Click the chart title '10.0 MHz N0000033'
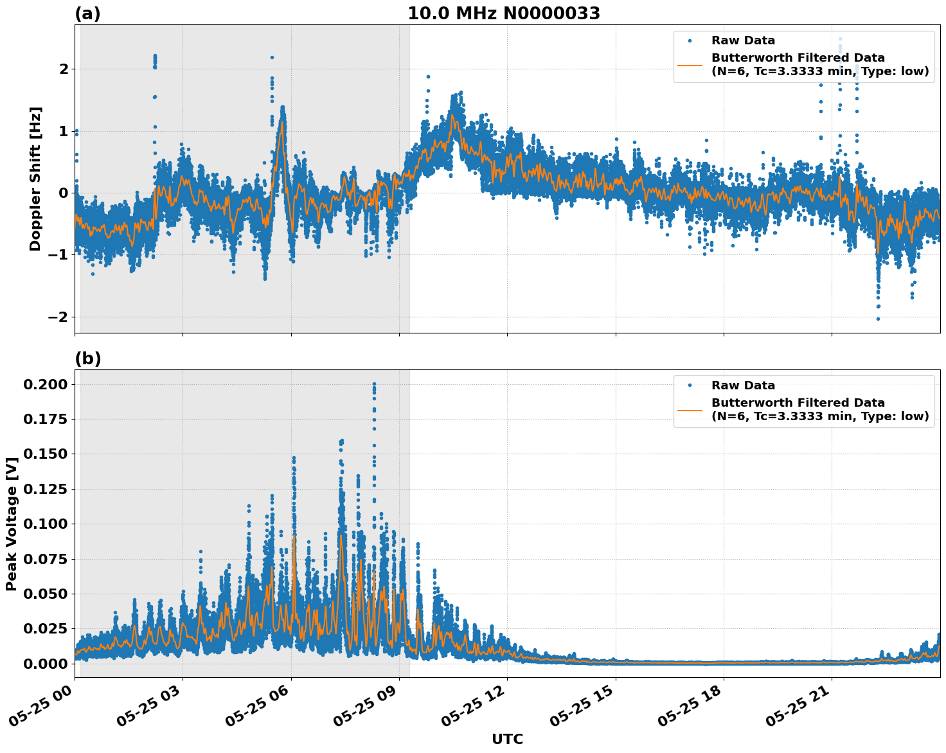click(504, 13)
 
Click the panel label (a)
click(87, 13)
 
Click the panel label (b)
click(87, 359)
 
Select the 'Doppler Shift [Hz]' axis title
click(35, 179)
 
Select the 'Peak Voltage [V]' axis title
click(12, 524)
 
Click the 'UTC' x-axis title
click(507, 739)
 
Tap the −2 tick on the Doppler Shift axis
click(58, 317)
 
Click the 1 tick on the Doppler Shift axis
click(64, 131)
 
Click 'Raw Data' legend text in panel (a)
click(743, 40)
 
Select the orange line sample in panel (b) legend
click(690, 409)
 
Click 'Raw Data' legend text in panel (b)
click(743, 385)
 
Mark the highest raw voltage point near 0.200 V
click(374, 384)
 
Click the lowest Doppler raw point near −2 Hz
click(878, 319)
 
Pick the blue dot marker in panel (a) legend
click(690, 40)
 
